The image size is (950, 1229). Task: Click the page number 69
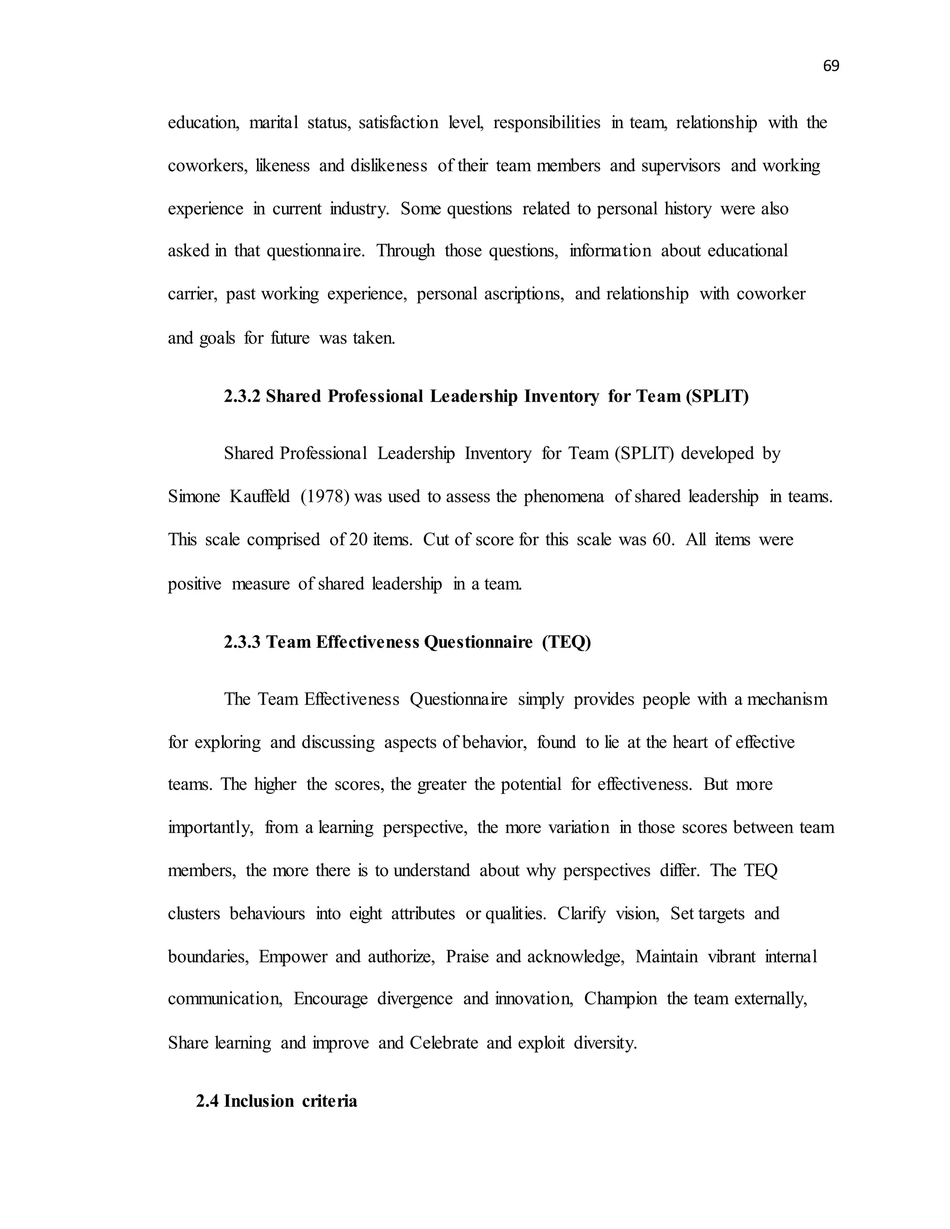(831, 66)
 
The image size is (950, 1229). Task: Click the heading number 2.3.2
(242, 397)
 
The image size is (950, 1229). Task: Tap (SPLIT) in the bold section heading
(717, 397)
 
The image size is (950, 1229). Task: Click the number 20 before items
(358, 540)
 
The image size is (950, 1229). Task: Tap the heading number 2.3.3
(242, 642)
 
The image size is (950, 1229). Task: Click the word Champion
(620, 999)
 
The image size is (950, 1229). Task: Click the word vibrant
(731, 957)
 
